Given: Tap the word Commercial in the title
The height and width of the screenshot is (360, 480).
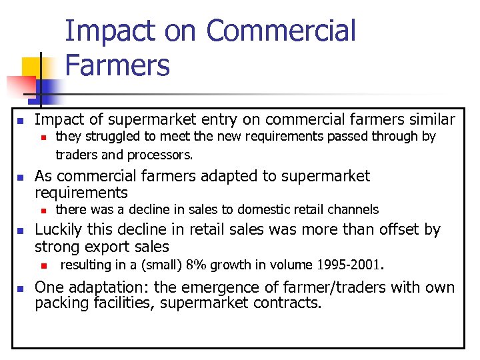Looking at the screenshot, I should point(281,31).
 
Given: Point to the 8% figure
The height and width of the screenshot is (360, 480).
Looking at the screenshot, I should point(195,265).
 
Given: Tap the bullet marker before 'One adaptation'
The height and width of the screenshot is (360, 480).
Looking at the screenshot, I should point(21,289).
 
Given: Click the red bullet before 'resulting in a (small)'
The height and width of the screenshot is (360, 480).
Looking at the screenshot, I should point(42,265).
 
